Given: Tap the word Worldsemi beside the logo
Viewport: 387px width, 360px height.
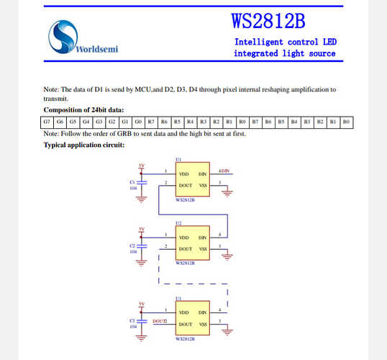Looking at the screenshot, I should click(x=96, y=49).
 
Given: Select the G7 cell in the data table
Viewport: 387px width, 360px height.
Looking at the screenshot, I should click(x=47, y=122).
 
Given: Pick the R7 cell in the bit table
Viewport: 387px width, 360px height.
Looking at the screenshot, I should click(x=150, y=122).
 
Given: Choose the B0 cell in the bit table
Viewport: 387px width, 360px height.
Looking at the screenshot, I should click(x=346, y=122).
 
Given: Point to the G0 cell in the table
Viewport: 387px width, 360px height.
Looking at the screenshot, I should click(x=137, y=122).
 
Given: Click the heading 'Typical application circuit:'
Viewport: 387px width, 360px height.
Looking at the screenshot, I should click(x=84, y=145).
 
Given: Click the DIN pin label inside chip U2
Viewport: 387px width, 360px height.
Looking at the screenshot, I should click(x=202, y=237).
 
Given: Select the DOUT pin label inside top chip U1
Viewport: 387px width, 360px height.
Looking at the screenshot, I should click(x=185, y=185).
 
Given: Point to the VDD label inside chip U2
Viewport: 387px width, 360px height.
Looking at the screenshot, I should click(x=183, y=237).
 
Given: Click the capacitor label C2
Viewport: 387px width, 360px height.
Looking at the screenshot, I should click(x=132, y=246).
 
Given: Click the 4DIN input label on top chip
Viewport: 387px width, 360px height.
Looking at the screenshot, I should click(x=223, y=171).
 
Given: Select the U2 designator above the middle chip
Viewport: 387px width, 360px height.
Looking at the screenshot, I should click(x=178, y=224).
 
